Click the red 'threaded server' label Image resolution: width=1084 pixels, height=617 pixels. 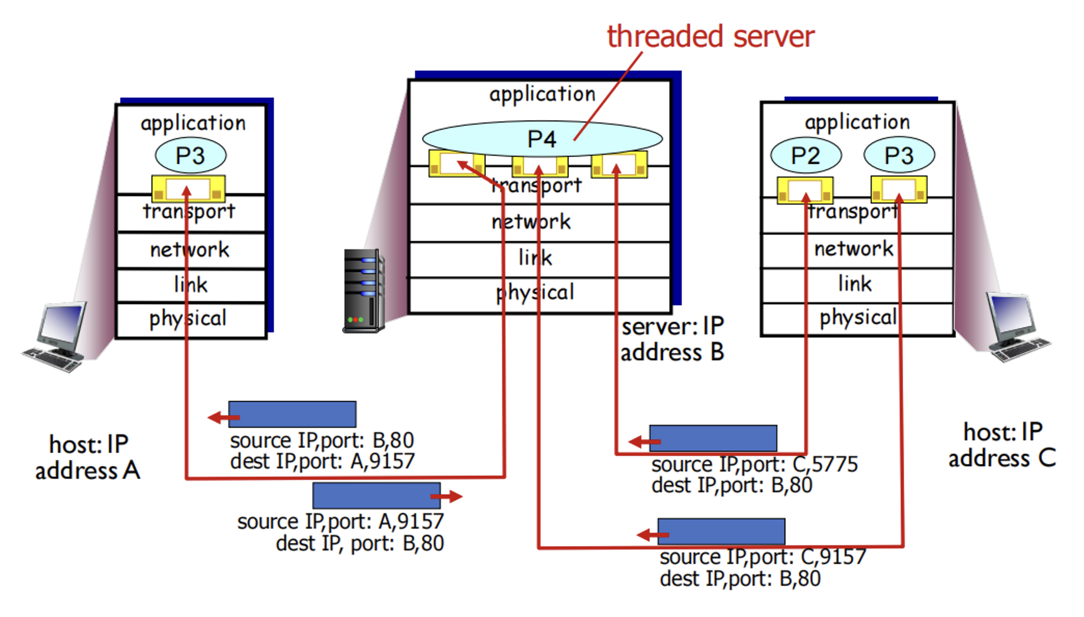click(710, 37)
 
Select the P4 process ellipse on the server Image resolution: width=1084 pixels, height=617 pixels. click(541, 138)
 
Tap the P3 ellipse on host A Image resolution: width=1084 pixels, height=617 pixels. click(190, 155)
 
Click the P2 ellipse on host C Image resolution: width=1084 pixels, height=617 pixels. click(806, 155)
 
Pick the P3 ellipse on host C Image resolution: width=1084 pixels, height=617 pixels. click(899, 155)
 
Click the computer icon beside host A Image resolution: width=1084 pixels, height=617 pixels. click(56, 337)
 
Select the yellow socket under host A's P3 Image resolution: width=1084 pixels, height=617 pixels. click(189, 189)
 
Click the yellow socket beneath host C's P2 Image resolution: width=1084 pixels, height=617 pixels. click(805, 190)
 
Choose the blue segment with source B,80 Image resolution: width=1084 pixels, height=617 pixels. click(292, 414)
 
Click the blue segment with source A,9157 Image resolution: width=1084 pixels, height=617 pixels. click(377, 495)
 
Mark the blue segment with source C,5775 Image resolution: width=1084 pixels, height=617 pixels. click(713, 438)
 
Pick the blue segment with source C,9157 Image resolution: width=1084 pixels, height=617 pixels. click(721, 531)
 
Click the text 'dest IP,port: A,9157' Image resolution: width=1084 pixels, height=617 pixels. click(322, 461)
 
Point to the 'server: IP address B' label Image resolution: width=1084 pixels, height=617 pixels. click(672, 339)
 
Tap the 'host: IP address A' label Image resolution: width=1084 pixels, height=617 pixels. click(87, 457)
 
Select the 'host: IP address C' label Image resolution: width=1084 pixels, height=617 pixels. click(1002, 445)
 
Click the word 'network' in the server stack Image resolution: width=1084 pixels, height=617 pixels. click(531, 222)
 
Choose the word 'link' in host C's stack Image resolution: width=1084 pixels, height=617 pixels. click(855, 284)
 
